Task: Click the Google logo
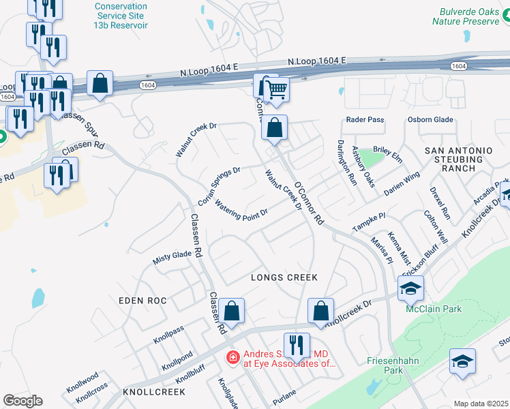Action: [22, 401]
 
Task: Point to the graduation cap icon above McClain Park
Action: [410, 289]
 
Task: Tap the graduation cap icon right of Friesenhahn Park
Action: [462, 361]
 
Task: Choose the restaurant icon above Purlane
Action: [297, 345]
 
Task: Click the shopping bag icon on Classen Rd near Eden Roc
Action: [232, 311]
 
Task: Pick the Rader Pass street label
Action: [365, 120]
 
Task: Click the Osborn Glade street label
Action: [430, 120]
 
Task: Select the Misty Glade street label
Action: [172, 255]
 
